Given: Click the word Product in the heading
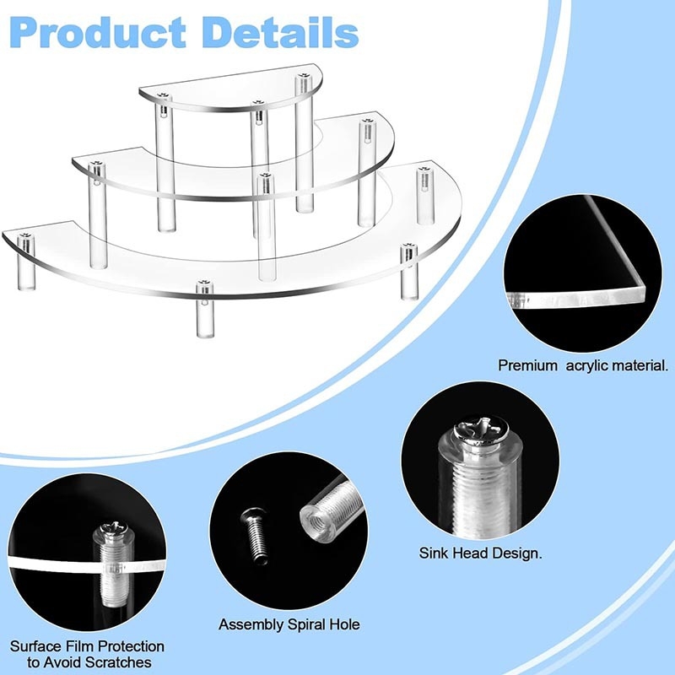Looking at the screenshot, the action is pos(98,33).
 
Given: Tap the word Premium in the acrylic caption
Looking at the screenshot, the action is pos(527,365).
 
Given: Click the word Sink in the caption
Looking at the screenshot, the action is pos(433,553).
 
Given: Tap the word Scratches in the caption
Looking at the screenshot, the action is pos(118,661).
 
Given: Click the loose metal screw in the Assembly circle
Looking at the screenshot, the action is pos(255,535).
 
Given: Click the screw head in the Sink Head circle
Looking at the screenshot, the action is pos(481,429).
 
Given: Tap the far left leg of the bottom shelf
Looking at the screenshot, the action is pos(25,262).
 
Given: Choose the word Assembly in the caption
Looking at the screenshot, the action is pos(251,624).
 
